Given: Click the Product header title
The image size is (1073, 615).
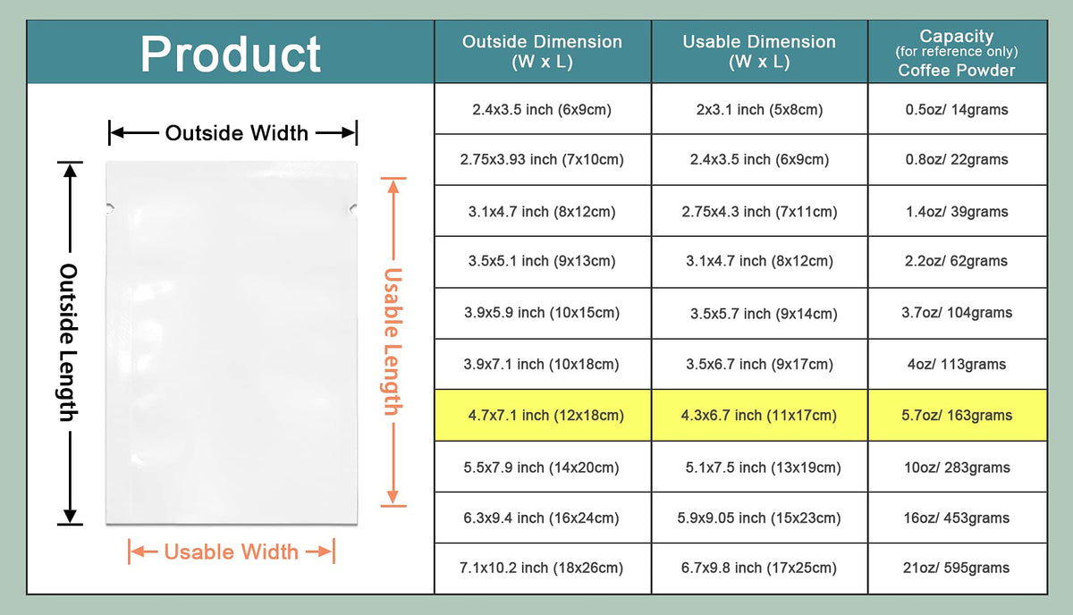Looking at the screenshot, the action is tap(231, 55).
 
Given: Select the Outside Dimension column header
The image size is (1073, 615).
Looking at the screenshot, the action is tap(542, 51).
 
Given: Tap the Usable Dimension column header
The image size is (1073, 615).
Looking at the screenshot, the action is tap(759, 51).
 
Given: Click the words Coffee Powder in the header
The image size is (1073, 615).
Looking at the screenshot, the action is tap(957, 71).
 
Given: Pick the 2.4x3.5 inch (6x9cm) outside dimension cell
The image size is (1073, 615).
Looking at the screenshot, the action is tap(542, 110).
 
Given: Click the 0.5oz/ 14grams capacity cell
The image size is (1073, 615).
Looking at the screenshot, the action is tap(957, 110).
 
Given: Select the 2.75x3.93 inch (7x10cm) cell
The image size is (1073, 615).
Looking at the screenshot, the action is tap(542, 159).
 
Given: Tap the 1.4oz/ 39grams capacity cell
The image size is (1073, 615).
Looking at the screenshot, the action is tap(957, 211).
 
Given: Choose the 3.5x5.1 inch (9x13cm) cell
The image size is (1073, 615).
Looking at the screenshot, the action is tap(542, 261).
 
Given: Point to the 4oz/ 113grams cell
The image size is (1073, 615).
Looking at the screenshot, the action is tap(957, 365).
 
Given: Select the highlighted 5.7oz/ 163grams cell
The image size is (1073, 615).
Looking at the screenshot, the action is tap(957, 416).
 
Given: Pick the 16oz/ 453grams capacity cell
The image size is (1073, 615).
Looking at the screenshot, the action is tap(957, 518).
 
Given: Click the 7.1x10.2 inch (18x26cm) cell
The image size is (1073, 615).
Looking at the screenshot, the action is tap(541, 568).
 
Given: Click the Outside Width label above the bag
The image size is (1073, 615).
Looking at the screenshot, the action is tap(237, 133).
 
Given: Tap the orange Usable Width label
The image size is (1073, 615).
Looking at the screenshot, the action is tap(231, 552).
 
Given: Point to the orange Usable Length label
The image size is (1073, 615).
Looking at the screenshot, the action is tap(393, 341).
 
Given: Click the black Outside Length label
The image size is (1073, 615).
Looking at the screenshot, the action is tap(69, 342).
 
